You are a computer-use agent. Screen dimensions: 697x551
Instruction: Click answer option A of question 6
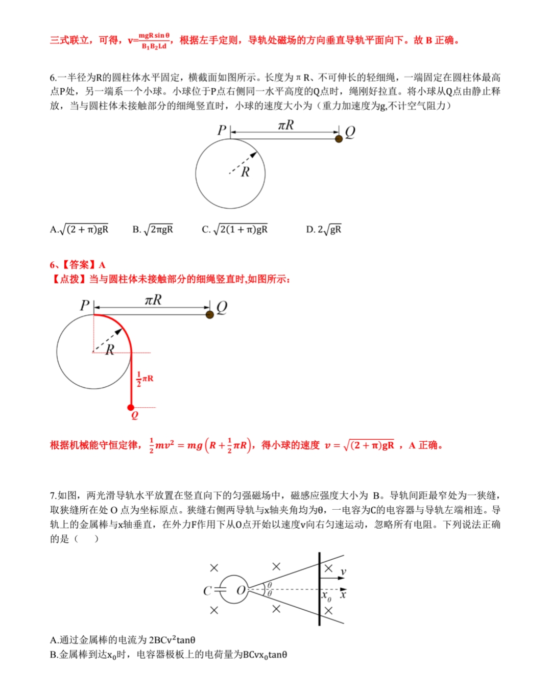click(x=80, y=230)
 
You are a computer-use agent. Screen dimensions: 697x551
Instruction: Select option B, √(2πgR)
click(x=153, y=230)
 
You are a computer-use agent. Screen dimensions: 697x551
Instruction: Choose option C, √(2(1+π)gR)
click(x=235, y=230)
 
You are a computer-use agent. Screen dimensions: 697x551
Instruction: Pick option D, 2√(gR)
click(x=324, y=230)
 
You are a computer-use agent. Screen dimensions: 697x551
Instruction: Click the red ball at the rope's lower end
click(x=131, y=407)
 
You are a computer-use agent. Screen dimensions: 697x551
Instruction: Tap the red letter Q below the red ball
click(x=134, y=415)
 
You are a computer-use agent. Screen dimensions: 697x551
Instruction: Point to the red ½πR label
click(x=145, y=379)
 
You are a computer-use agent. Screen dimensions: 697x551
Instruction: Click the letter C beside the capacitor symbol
click(x=207, y=591)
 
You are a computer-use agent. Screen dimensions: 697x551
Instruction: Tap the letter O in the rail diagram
click(x=241, y=590)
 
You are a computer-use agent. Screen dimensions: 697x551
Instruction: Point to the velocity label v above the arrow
click(x=343, y=572)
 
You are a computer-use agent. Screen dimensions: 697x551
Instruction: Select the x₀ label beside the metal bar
click(x=326, y=596)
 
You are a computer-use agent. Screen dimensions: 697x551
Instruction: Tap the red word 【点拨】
click(x=69, y=279)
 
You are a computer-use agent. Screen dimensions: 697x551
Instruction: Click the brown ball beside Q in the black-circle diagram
click(x=339, y=138)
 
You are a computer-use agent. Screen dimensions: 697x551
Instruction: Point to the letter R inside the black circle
click(x=246, y=172)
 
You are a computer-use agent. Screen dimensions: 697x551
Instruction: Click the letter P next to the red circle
click(x=85, y=305)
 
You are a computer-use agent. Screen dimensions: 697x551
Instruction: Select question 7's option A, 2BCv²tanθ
click(x=123, y=640)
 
